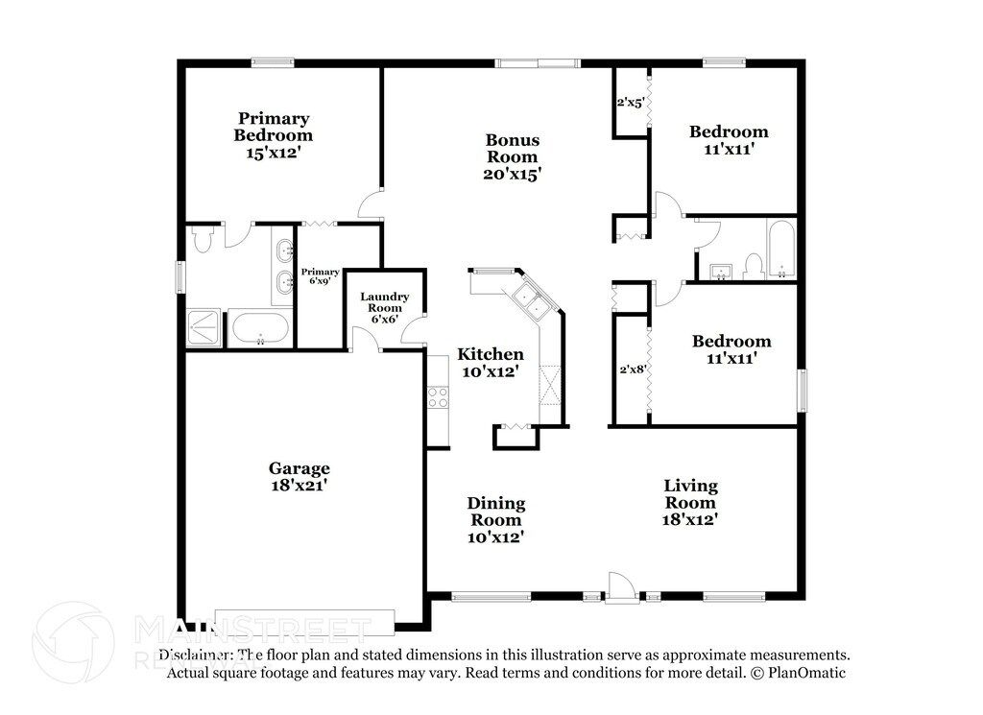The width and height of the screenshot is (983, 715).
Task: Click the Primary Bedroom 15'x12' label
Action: point(274,135)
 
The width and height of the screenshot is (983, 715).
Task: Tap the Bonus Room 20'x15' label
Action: point(512,156)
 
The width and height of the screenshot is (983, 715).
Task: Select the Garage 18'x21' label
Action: point(299,477)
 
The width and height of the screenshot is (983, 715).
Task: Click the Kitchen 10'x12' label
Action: point(490,362)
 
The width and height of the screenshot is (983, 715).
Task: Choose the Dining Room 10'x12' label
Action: point(495,520)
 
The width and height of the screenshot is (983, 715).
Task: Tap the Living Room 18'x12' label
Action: point(690,502)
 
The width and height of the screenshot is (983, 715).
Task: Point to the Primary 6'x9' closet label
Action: point(319,276)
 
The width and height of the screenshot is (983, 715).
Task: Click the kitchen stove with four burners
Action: point(438,396)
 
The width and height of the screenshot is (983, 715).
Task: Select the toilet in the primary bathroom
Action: point(202,239)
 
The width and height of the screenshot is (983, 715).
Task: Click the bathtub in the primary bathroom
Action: point(260,329)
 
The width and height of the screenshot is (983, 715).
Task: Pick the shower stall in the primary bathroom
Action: point(203,329)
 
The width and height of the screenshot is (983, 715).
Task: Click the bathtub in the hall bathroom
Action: point(780,250)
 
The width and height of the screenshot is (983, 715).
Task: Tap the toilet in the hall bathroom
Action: point(754,265)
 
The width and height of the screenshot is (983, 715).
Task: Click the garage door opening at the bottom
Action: point(304,621)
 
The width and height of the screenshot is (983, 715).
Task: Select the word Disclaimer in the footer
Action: point(196,655)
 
